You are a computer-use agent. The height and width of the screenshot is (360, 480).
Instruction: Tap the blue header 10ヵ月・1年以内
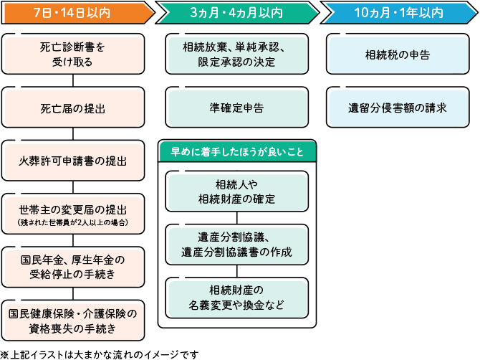398,13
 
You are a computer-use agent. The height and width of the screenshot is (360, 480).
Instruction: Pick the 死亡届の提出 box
72,108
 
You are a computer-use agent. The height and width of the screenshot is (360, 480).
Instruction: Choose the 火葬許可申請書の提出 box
72,161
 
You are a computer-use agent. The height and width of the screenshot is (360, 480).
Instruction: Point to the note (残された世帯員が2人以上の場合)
72,223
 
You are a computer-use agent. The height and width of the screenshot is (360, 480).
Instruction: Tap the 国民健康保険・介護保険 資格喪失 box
72,319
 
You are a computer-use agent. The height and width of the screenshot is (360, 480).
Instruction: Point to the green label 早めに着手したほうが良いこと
237,151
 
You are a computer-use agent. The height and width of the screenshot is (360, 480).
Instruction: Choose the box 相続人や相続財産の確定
237,191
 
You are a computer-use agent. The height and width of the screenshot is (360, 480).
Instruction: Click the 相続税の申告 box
398,55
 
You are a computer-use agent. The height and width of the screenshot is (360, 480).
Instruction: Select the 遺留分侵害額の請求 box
398,108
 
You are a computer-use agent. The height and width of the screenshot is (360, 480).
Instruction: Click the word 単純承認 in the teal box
259,48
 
